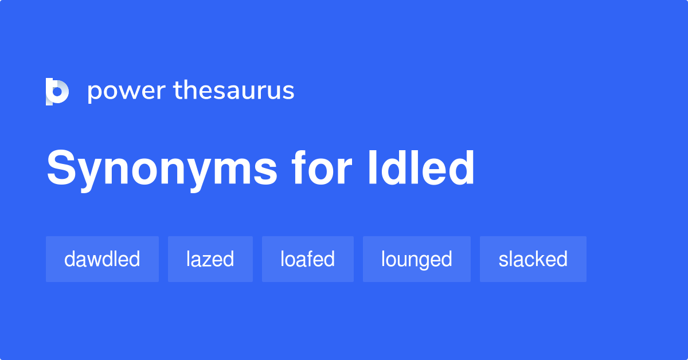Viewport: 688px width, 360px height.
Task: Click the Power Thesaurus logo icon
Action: [x=57, y=92]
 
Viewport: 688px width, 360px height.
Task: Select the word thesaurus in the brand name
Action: [x=234, y=91]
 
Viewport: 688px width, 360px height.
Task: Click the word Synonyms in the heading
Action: [x=162, y=169]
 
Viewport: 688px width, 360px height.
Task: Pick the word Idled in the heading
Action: [x=421, y=168]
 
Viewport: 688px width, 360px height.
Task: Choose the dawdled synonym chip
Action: [x=102, y=259]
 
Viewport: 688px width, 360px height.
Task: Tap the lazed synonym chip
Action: [x=210, y=259]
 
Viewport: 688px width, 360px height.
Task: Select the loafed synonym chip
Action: [x=307, y=259]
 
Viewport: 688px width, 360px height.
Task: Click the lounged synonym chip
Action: [x=416, y=259]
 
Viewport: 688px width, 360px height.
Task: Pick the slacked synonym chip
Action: [x=533, y=259]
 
